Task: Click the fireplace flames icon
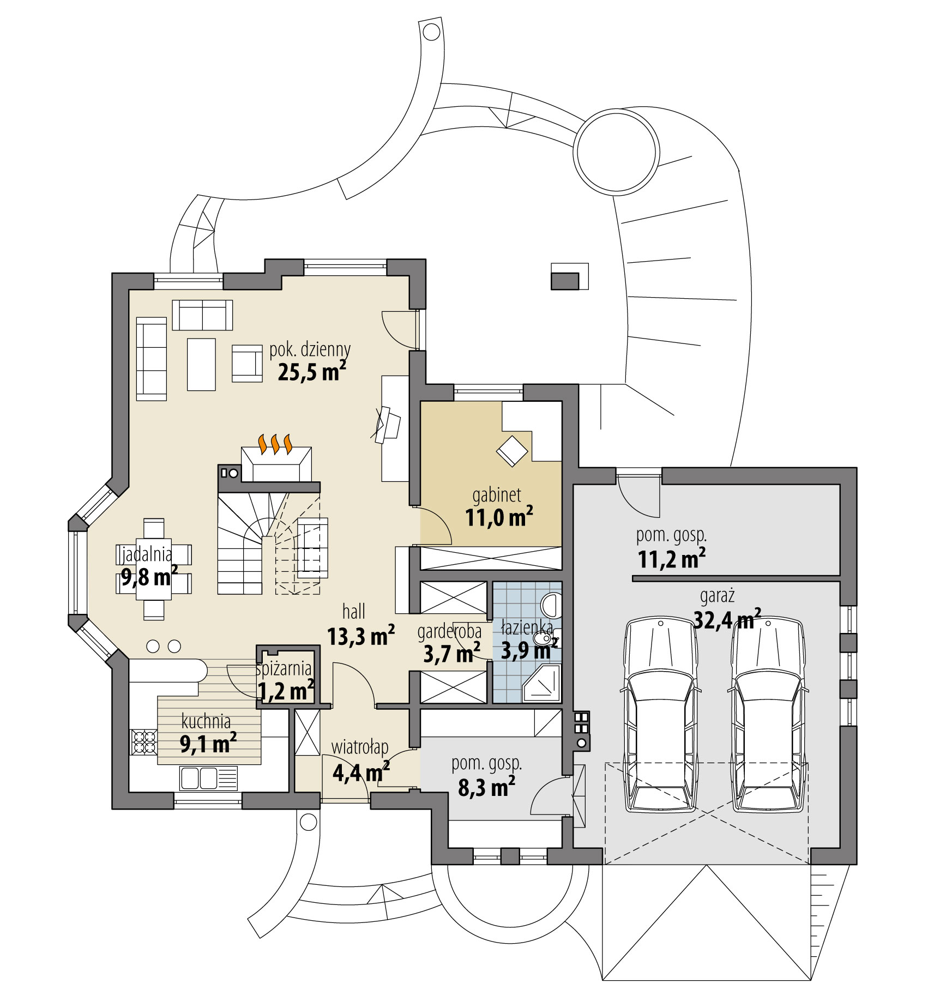coord(275,444)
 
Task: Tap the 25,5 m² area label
coord(312,372)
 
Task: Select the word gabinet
coord(496,495)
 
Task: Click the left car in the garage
coord(660,714)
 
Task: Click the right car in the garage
coord(768,714)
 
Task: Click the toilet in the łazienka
coord(549,604)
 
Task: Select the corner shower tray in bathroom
coord(541,685)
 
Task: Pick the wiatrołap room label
coord(360,747)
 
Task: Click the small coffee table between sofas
coord(201,364)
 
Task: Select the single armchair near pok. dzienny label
coord(246,363)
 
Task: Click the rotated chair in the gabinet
coord(511,451)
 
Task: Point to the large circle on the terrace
coord(616,152)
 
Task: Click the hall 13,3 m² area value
coord(360,636)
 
